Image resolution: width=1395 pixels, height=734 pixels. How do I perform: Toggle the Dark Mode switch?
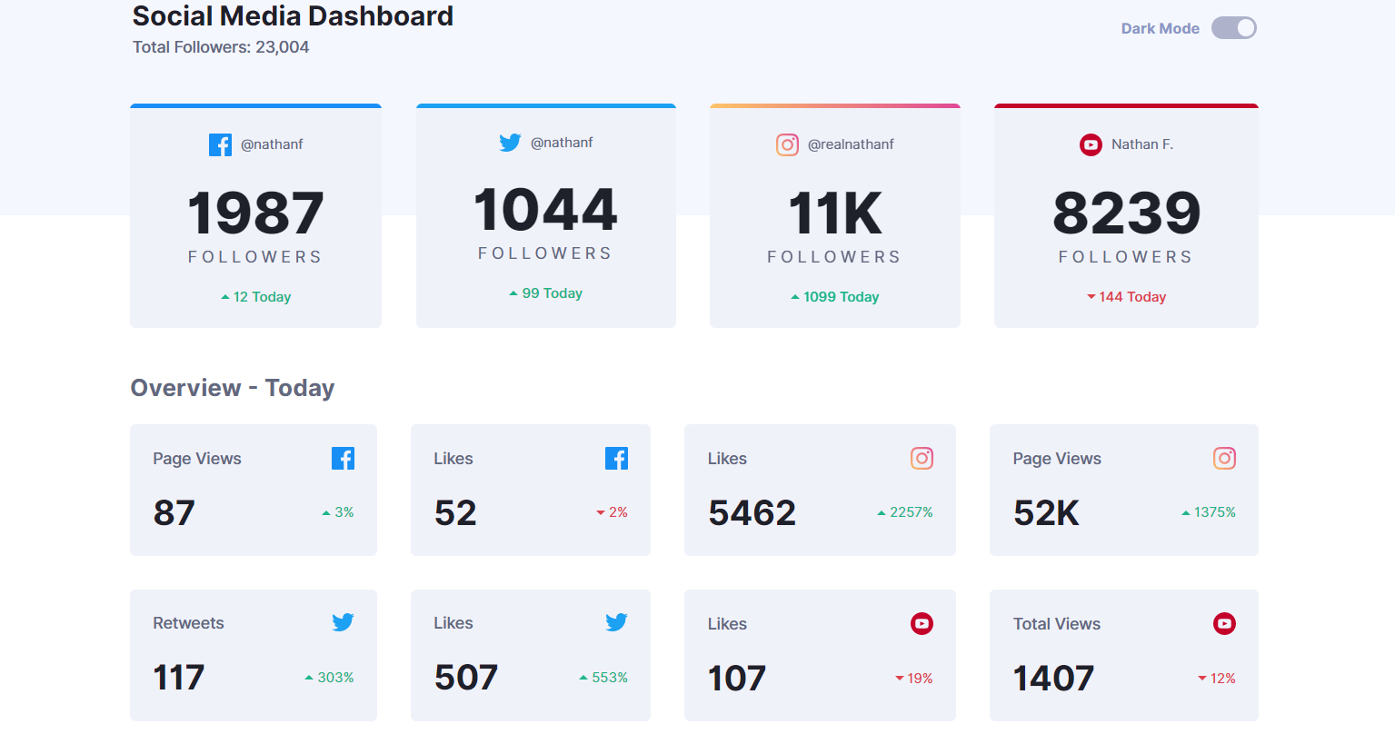tap(1233, 28)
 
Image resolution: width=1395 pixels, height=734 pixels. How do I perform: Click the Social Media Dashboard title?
tap(293, 16)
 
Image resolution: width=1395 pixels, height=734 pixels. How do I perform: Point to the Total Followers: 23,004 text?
tap(221, 47)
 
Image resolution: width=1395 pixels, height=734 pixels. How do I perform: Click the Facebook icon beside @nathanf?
tap(220, 144)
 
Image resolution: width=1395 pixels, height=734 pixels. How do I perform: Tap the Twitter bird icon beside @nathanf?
tap(510, 143)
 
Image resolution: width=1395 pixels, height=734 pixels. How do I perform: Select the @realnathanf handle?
tap(851, 144)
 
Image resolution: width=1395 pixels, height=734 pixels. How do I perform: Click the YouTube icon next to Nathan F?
tap(1091, 144)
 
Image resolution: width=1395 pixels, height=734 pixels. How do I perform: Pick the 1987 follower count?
tap(255, 213)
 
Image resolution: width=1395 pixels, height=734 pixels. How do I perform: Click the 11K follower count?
tap(834, 213)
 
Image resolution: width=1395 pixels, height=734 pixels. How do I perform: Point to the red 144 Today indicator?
tap(1127, 297)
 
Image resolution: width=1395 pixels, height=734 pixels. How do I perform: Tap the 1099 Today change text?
tap(835, 297)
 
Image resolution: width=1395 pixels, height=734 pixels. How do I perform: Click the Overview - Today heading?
tap(233, 388)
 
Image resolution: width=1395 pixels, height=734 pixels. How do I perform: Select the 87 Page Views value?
tap(174, 513)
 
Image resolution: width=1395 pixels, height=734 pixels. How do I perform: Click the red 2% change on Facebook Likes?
tap(613, 512)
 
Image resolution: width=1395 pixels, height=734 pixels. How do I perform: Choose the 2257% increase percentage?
tap(905, 512)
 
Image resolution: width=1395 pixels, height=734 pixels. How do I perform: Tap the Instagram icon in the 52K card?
tap(1224, 459)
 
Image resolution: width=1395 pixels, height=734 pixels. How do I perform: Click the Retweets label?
tap(188, 623)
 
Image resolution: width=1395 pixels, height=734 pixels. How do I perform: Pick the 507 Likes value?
tap(466, 678)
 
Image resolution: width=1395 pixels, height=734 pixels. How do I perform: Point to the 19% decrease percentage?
tap(914, 679)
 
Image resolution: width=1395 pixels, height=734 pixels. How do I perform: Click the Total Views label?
tap(1057, 624)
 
